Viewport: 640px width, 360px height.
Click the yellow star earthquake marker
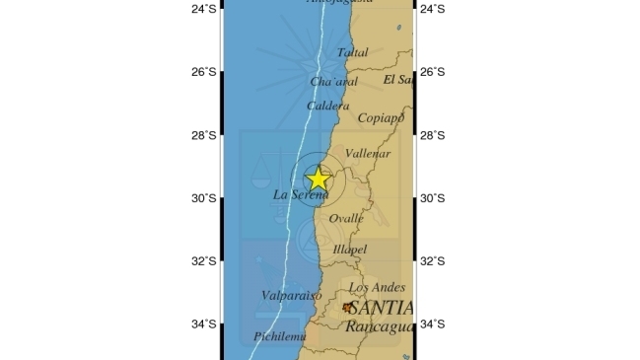318,179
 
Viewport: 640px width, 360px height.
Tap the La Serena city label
301,196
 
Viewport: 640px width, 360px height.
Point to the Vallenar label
368,154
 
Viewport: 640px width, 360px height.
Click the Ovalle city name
345,218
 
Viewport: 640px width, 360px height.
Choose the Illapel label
350,250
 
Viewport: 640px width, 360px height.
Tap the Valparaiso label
292,295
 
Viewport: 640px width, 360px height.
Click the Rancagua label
378,327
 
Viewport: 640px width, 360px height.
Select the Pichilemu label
280,336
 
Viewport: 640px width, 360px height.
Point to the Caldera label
328,106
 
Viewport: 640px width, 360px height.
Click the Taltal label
352,52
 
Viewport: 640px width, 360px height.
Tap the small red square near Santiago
347,307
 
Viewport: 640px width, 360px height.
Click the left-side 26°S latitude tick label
203,72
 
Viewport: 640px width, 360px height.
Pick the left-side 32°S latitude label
203,261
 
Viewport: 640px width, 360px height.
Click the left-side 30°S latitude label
203,198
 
